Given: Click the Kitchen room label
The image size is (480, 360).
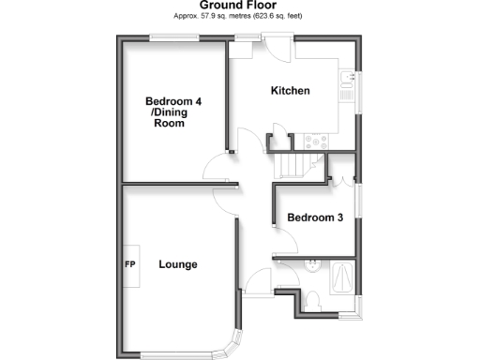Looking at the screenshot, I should coord(290,91).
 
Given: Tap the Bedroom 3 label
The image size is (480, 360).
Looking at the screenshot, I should coord(315,217).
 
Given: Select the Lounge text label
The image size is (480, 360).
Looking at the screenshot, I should coord(177,264).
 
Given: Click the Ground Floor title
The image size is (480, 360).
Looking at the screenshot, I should coord(239,6).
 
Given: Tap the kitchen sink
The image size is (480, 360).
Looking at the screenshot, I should coord(345,85).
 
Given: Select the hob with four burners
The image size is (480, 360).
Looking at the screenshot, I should coord(314,141).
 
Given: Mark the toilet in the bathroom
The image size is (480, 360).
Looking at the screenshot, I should coord(315,297).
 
